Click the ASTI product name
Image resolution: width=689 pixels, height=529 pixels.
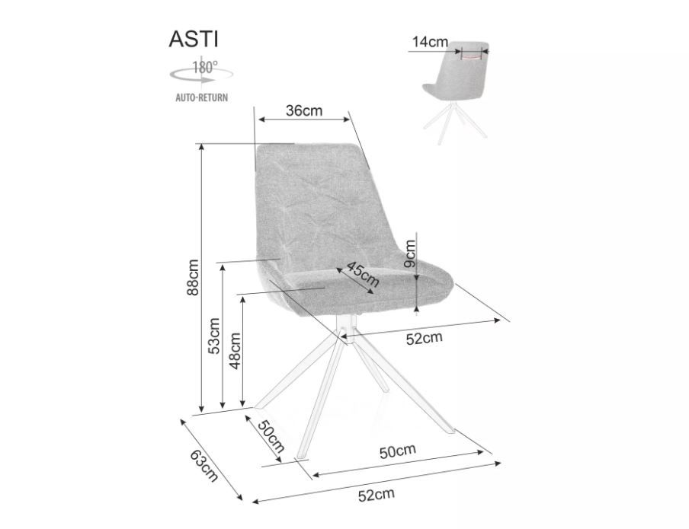[194, 39]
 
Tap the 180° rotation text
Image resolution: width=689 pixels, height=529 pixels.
[205, 67]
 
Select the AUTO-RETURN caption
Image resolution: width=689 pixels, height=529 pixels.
[202, 97]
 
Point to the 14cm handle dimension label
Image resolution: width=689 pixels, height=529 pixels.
[430, 42]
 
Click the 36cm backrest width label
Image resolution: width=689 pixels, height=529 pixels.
[304, 110]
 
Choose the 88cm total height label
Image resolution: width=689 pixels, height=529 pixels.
[192, 277]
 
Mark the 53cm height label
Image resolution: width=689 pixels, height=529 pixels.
[213, 336]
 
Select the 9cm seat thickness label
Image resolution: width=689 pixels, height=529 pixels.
[410, 253]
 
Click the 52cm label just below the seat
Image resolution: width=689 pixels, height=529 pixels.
[424, 338]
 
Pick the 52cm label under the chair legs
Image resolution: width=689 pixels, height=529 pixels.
[377, 495]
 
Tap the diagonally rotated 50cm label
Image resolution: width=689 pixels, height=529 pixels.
[271, 436]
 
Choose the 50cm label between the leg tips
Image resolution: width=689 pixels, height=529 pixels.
[398, 451]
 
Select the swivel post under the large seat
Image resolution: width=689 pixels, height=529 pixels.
[345, 326]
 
